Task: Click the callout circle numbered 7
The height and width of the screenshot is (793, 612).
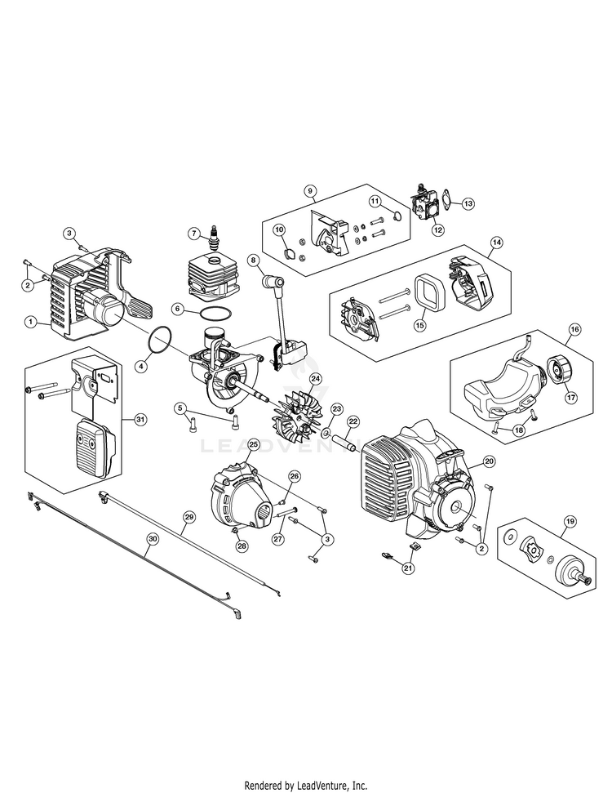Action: (193, 233)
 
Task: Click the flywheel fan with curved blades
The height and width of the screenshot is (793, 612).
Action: (297, 405)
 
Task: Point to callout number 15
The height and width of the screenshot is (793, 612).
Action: (421, 324)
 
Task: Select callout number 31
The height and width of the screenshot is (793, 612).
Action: (140, 419)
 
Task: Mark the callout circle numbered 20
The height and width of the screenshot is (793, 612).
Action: (490, 461)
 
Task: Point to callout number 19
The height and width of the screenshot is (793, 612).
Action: (570, 520)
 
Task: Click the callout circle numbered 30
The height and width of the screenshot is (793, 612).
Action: (152, 538)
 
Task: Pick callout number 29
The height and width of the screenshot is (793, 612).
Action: (189, 517)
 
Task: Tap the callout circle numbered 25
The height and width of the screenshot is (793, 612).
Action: (254, 444)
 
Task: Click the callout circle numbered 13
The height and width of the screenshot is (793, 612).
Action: (468, 203)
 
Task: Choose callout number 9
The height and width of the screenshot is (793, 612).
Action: (310, 191)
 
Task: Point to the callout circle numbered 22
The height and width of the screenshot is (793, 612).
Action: (353, 421)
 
